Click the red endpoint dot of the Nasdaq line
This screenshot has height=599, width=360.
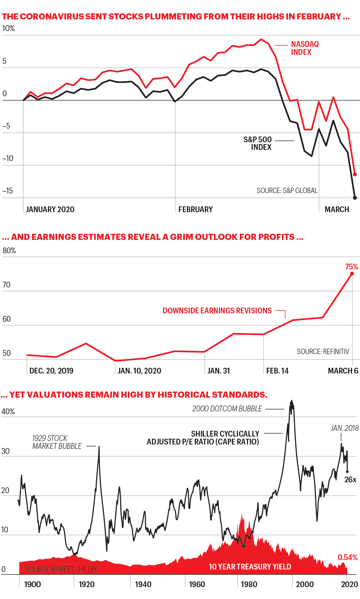(x=355, y=174)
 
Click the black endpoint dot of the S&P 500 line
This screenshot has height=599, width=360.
(x=355, y=198)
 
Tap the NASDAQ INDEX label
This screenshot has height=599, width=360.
(x=305, y=48)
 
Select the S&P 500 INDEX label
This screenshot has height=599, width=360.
(x=258, y=143)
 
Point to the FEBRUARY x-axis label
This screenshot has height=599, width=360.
(x=195, y=210)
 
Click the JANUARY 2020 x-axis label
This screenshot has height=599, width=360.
(x=50, y=210)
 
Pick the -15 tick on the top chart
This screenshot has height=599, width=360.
(x=8, y=191)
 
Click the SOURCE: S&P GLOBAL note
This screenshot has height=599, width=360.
(x=287, y=191)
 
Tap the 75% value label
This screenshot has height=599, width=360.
(x=351, y=267)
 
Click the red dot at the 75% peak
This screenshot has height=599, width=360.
(x=352, y=274)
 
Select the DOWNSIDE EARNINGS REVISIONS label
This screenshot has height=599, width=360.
(x=217, y=311)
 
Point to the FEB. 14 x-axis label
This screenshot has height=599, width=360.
(x=277, y=371)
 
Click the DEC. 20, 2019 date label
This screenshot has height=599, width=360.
(x=51, y=371)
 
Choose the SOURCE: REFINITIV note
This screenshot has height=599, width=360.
(x=323, y=352)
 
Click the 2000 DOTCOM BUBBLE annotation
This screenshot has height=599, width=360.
(x=227, y=409)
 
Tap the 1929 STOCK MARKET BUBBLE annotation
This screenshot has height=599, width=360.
(x=57, y=442)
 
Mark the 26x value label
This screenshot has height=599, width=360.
(x=350, y=480)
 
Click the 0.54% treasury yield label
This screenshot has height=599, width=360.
(x=347, y=558)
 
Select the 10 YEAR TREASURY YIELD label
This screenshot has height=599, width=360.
(x=250, y=567)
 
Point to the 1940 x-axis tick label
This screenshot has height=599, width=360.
(x=143, y=584)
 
